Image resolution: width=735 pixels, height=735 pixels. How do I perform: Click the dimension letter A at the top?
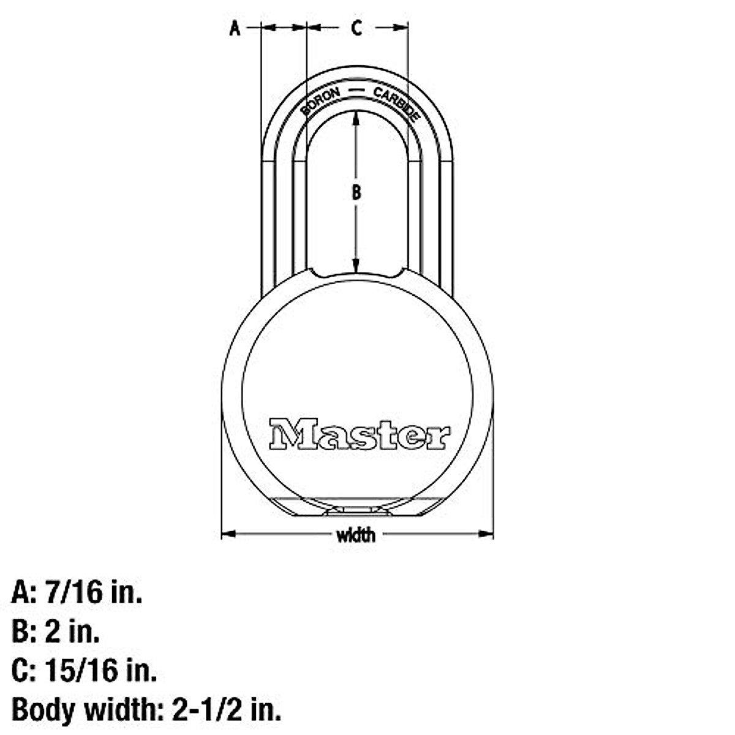[235, 28]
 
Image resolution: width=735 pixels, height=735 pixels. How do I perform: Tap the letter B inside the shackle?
[356, 192]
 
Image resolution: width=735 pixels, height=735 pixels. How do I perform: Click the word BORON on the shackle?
[320, 101]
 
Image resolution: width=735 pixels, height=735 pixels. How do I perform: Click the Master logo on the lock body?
[360, 435]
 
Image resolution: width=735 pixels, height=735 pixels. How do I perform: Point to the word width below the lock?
[356, 535]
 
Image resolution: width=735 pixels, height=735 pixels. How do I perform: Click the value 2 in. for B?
[72, 631]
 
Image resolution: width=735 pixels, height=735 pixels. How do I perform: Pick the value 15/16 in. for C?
[101, 671]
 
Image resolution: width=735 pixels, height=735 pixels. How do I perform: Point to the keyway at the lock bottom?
[356, 510]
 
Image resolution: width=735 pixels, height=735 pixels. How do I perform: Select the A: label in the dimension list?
[24, 592]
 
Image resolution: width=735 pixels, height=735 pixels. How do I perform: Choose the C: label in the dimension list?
[24, 671]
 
